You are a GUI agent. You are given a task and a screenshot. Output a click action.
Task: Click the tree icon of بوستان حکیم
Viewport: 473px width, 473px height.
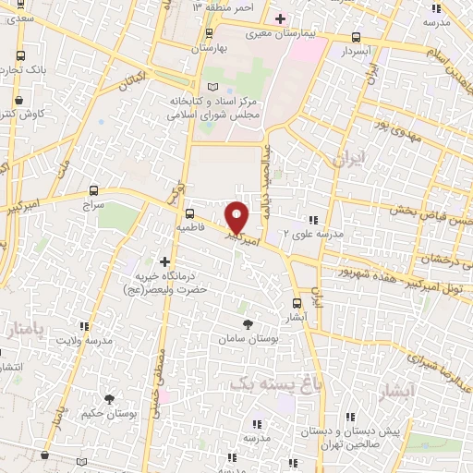(x=110, y=398)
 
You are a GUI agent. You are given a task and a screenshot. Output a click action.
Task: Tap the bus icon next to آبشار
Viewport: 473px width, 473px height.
(x=296, y=302)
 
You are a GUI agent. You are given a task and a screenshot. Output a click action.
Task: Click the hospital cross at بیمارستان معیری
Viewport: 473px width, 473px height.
(x=280, y=18)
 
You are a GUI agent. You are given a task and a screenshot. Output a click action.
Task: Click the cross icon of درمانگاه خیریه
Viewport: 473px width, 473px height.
(x=165, y=261)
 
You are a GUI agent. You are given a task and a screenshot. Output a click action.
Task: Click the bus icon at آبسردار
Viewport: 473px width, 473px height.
(x=357, y=38)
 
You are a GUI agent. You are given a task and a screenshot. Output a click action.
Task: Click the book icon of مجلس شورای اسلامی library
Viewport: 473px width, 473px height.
(x=213, y=87)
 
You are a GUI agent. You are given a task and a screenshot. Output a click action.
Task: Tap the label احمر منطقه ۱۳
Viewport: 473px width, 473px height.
(x=222, y=7)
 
